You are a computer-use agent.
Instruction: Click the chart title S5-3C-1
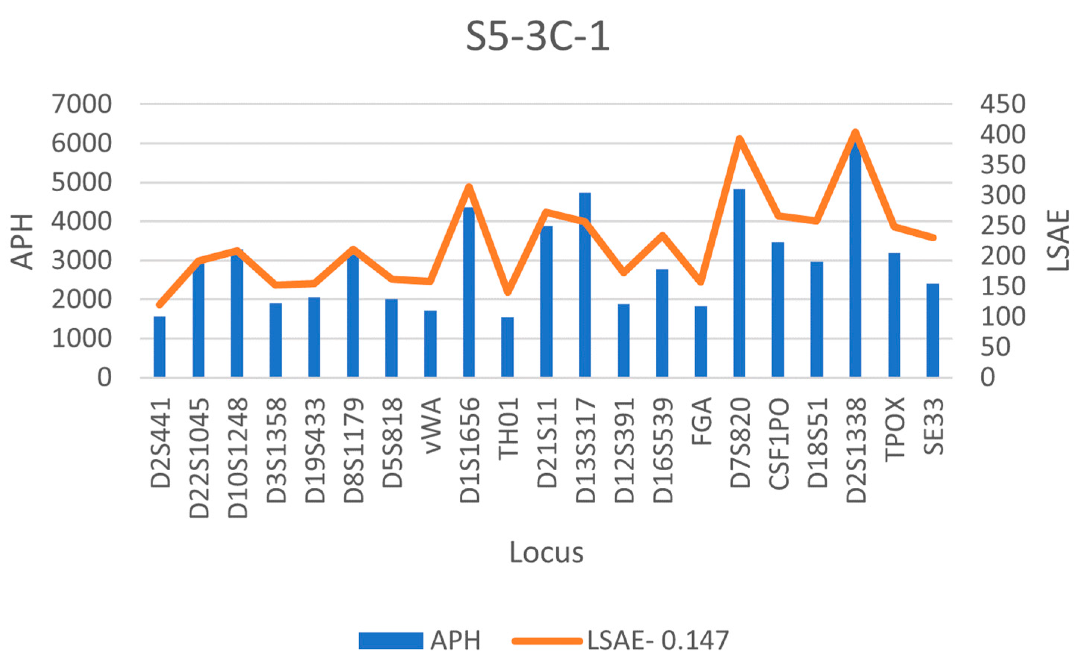point(537,37)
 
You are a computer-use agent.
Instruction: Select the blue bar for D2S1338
point(855,263)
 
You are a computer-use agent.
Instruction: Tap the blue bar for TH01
point(507,347)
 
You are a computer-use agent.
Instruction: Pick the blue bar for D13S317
point(585,285)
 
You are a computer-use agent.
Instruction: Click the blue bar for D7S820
point(739,283)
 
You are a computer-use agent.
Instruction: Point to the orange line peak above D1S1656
point(469,187)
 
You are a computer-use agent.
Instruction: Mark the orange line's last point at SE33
point(933,238)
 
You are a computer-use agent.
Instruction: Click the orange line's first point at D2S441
point(159,305)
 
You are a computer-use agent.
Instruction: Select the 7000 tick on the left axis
point(82,105)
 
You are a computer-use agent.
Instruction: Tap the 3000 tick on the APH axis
point(82,261)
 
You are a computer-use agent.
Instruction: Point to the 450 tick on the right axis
point(1003,105)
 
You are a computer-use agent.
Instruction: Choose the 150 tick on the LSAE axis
point(1003,286)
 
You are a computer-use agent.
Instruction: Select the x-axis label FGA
point(701,421)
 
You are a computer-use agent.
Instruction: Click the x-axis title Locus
point(546,552)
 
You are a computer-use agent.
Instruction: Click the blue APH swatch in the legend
point(391,640)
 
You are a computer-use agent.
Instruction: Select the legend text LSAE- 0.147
point(658,640)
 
